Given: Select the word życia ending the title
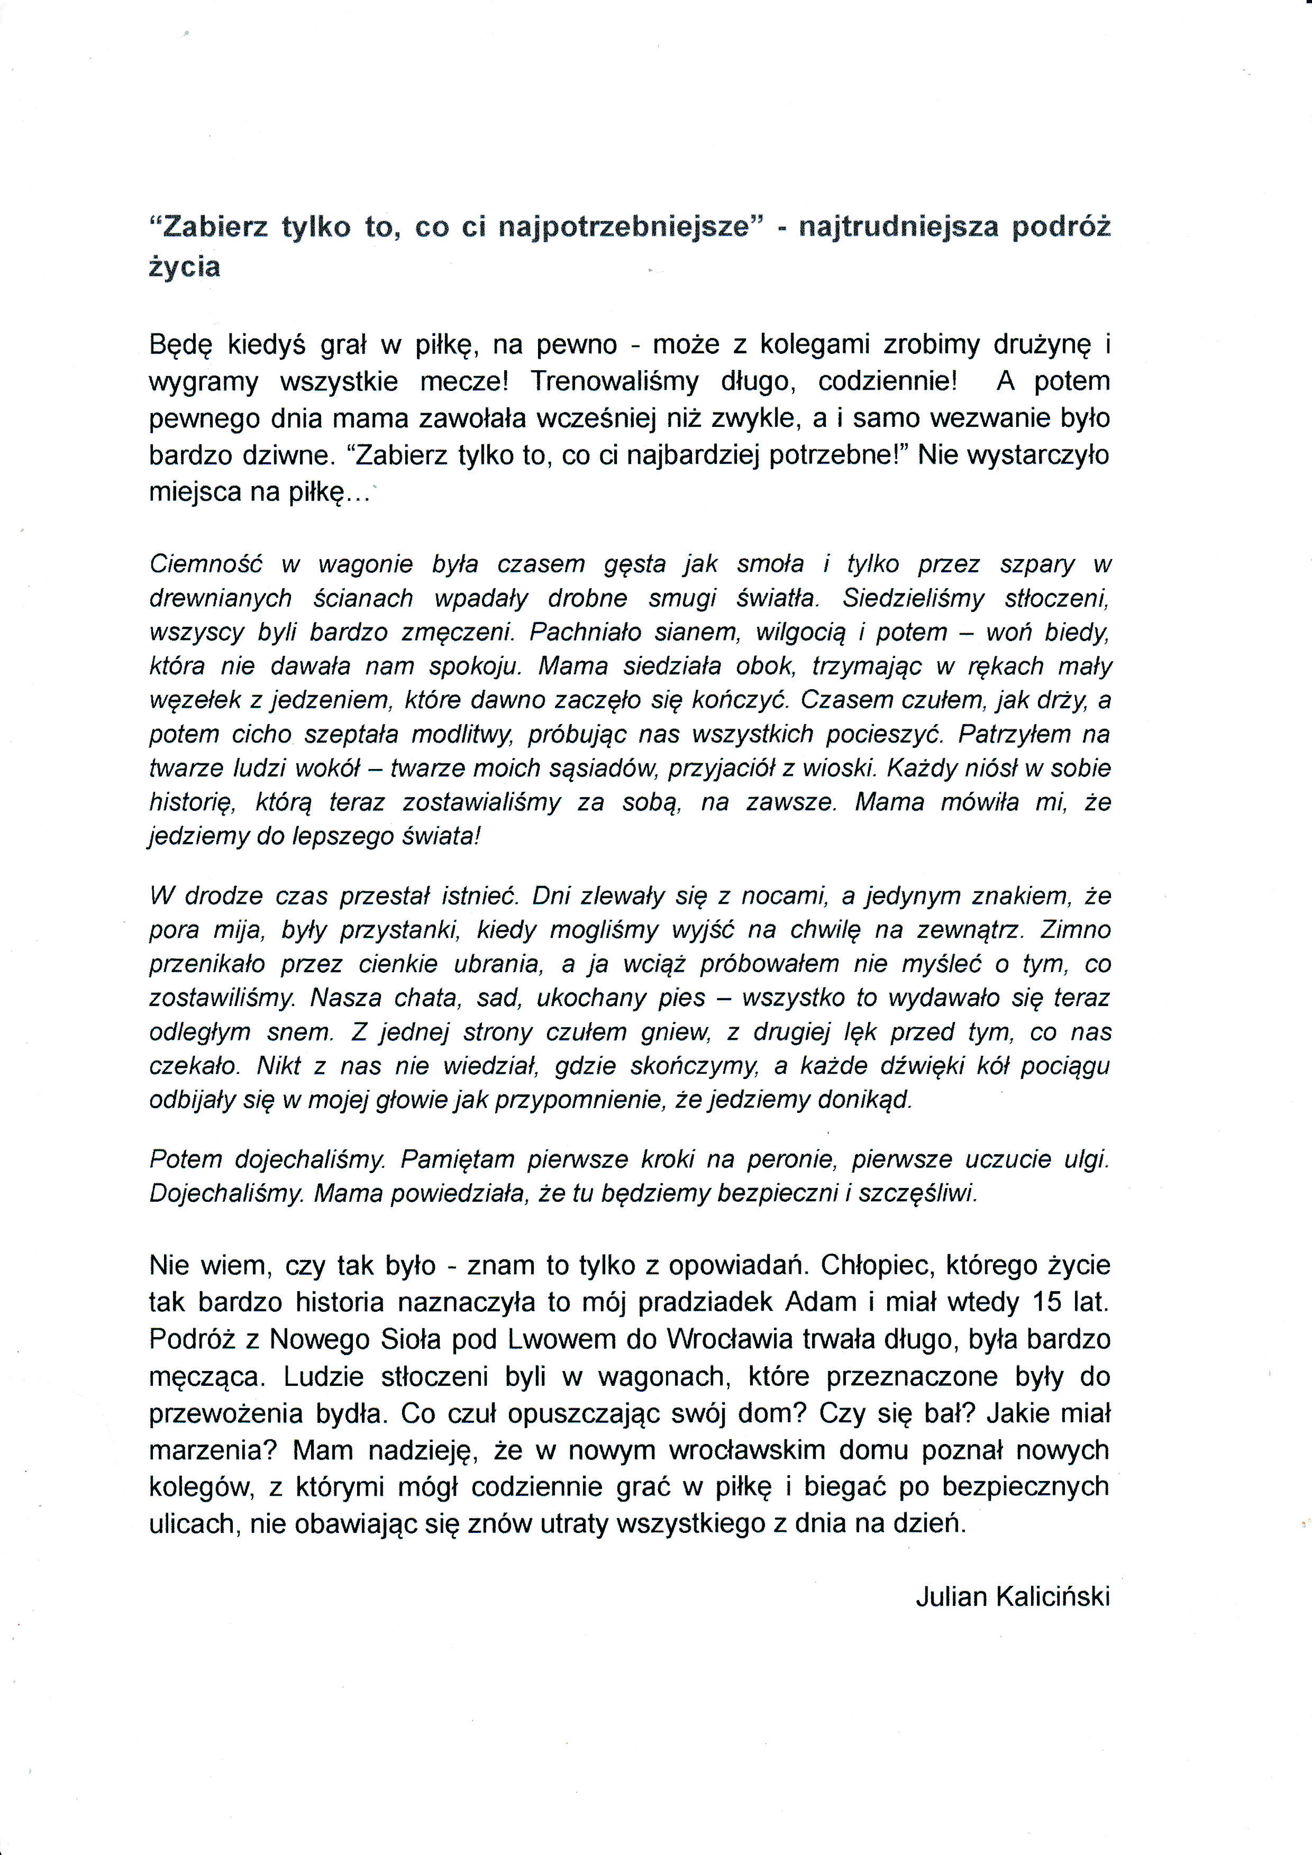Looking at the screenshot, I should (184, 268).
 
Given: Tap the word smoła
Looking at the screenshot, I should (770, 564).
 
